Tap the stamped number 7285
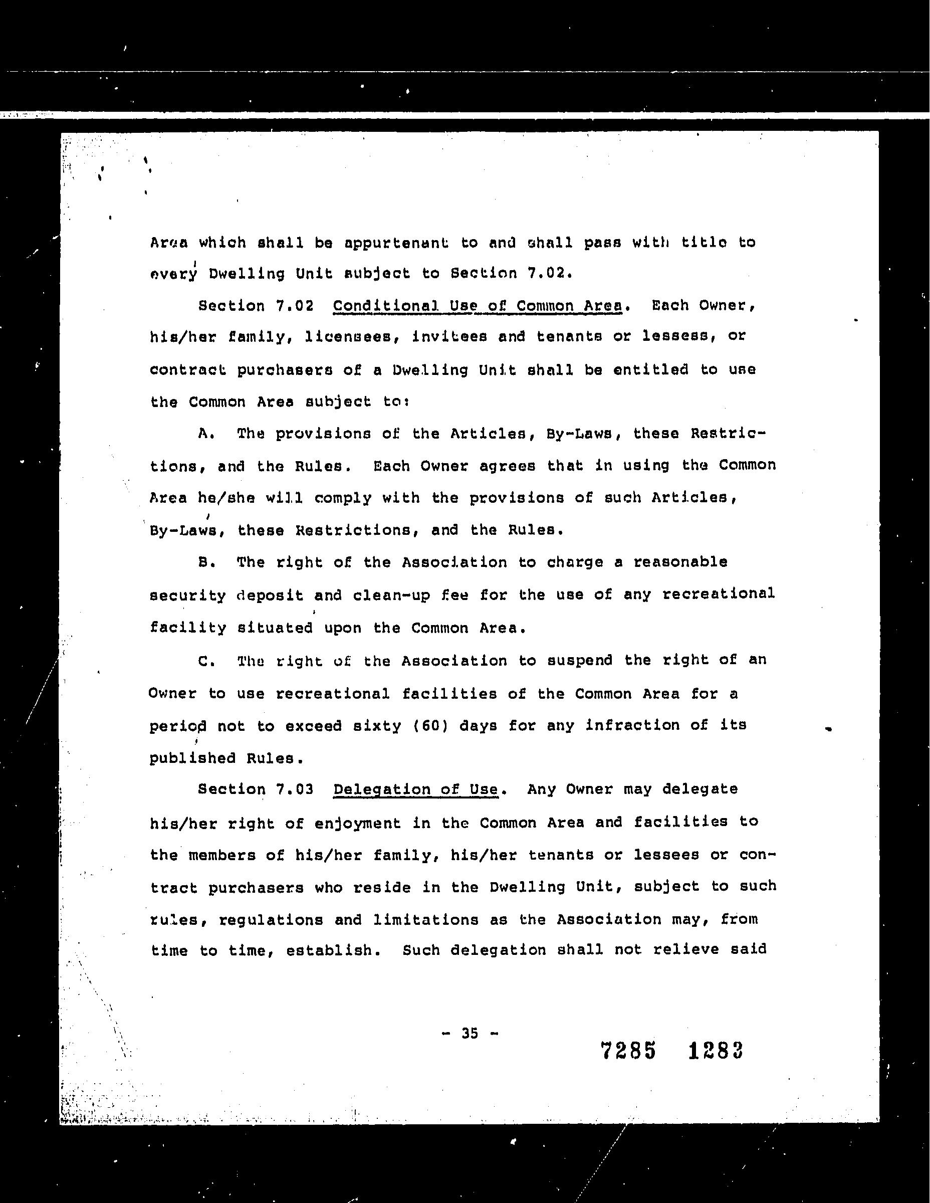[x=628, y=1051]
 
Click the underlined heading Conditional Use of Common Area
[x=478, y=306]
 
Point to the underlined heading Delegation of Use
[x=416, y=789]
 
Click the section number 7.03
[x=295, y=789]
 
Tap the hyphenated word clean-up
[x=391, y=595]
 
